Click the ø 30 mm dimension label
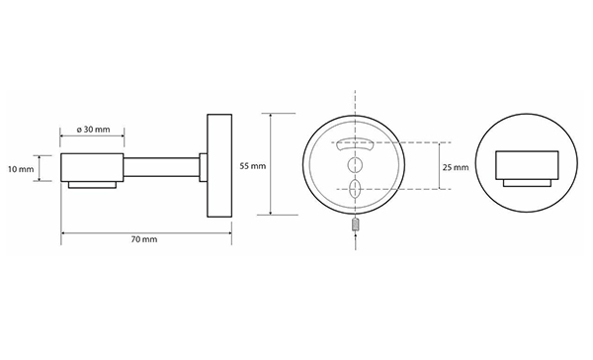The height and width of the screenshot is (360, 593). pyautogui.click(x=93, y=130)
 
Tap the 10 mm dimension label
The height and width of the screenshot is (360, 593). pyautogui.click(x=21, y=169)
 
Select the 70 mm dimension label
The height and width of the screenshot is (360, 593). pyautogui.click(x=144, y=239)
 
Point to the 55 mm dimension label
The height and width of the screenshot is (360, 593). pyautogui.click(x=253, y=166)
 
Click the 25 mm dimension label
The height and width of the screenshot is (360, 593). pyautogui.click(x=456, y=167)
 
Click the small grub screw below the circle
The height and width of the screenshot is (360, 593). pyautogui.click(x=356, y=225)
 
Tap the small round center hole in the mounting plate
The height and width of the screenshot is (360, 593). pyautogui.click(x=355, y=164)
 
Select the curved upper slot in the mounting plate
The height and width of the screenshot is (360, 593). pyautogui.click(x=355, y=143)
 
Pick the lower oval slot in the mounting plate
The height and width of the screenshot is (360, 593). pyautogui.click(x=355, y=189)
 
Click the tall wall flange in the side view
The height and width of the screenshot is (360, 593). pyautogui.click(x=219, y=165)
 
